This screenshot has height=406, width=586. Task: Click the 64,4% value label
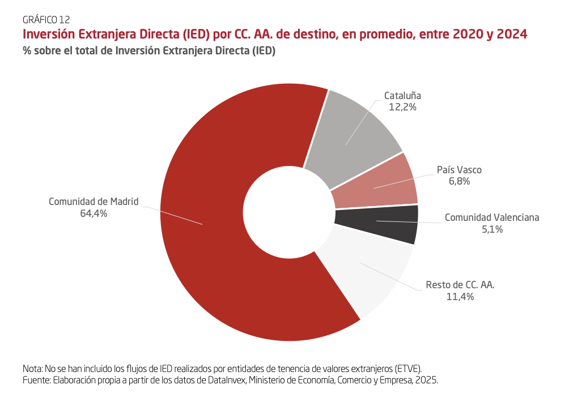click(94, 213)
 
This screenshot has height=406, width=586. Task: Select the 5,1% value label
click(491, 229)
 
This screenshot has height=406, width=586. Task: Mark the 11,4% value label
click(460, 297)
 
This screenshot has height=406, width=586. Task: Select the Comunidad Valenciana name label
click(492, 217)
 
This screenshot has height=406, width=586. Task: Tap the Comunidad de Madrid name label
click(94, 202)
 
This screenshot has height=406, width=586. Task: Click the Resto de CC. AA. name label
click(460, 285)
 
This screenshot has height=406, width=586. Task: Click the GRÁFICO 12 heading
click(46, 20)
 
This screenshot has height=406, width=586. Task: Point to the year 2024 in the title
click(512, 34)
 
